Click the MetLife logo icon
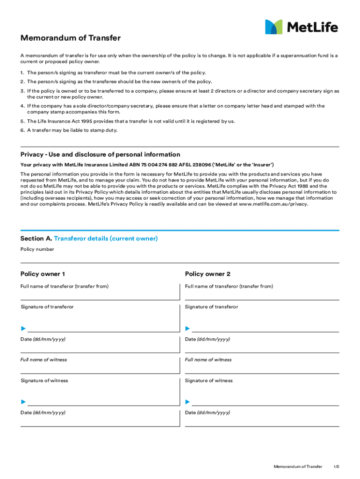click(274, 27)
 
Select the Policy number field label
click(37, 249)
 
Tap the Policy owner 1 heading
click(43, 274)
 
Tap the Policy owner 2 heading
click(208, 274)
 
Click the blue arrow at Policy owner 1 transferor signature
click(23, 329)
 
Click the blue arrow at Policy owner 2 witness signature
click(187, 402)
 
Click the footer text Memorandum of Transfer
click(298, 467)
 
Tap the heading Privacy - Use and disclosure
click(100, 154)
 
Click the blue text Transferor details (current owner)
click(106, 239)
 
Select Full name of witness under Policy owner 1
click(43, 360)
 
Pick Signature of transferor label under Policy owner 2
click(211, 307)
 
